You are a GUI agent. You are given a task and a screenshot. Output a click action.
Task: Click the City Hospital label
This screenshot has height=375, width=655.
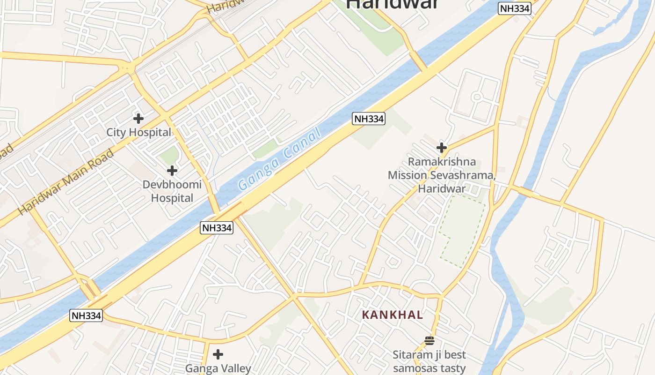coord(138,132)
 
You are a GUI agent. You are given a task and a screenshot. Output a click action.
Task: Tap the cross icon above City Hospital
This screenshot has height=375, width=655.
coord(138,118)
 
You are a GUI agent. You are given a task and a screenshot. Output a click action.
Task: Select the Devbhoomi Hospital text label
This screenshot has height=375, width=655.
coord(172,191)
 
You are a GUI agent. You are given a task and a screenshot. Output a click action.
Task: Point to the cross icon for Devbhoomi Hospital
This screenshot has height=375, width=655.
coord(172,171)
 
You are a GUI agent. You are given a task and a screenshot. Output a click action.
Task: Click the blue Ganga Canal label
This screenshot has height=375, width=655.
coord(279,159)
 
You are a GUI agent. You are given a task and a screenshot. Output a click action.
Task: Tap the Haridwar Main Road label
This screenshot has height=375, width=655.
coord(66,182)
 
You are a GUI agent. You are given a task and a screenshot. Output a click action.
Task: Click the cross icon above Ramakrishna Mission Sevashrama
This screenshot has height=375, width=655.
coord(441,148)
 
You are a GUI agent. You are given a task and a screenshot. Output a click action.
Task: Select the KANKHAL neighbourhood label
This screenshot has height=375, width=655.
coord(393,315)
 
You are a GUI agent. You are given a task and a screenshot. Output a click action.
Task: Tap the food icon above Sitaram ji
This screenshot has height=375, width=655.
coord(429,340)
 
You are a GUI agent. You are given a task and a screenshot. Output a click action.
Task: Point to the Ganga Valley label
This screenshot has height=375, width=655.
coord(218,368)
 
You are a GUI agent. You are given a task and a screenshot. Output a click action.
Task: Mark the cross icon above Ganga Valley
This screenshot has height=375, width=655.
coord(218,354)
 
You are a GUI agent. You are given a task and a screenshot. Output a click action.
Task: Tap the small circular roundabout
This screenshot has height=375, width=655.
coord(477,97)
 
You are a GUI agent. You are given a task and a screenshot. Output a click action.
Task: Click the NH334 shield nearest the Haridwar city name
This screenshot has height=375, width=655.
coord(515,8)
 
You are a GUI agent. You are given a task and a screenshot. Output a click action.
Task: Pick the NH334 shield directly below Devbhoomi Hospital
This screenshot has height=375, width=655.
coord(217,228)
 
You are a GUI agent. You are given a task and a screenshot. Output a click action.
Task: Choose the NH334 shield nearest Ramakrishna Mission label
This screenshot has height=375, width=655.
coord(369,119)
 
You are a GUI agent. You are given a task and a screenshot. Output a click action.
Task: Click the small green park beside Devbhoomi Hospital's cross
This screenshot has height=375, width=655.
coord(169,155)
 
